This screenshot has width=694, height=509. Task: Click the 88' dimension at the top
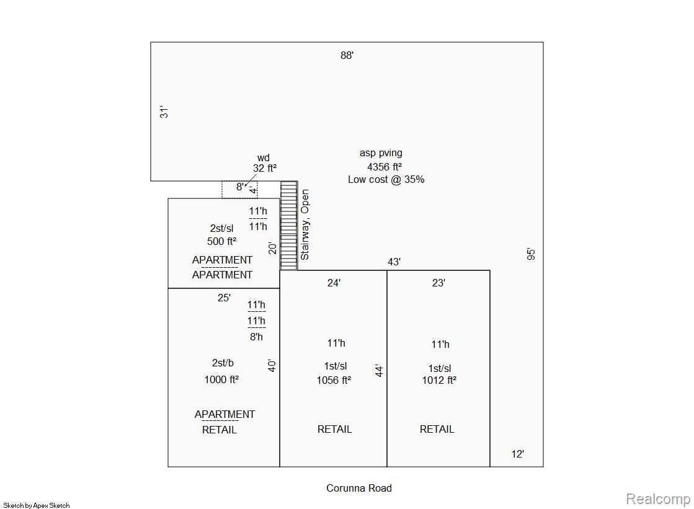coord(347,55)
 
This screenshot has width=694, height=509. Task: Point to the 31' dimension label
coord(164,112)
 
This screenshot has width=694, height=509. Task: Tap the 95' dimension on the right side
coord(531,254)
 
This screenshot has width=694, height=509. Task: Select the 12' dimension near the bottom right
coord(518,454)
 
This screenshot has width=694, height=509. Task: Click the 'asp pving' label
coord(381,153)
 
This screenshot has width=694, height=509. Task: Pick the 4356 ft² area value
coord(384,166)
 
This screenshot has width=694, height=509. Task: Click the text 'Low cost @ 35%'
coord(386,179)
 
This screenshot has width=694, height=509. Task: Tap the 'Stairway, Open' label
coord(305,224)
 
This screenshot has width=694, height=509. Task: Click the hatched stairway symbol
coord(288,225)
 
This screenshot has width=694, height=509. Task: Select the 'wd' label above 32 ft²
coord(264,157)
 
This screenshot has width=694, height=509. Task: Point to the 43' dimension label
coord(394,262)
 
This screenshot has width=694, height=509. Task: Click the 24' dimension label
coord(334,283)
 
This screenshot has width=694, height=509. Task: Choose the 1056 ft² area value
coord(334,380)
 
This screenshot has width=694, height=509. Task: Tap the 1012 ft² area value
coord(439,380)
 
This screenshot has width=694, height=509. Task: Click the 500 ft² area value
coord(221,241)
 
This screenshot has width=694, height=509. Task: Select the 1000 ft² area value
coord(221,379)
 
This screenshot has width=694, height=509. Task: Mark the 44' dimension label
coord(379,371)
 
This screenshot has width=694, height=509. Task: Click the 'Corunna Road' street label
coord(359,488)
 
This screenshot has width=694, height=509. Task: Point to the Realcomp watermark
coord(658,499)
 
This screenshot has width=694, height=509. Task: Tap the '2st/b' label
coord(223,363)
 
